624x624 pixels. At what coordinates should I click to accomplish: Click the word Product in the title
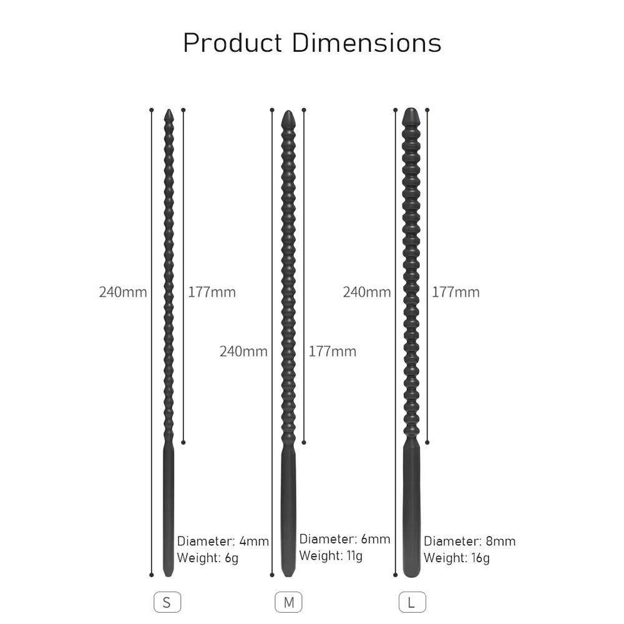[233, 42]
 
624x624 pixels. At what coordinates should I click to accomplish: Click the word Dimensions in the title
[366, 42]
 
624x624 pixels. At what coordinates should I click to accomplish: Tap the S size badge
[167, 602]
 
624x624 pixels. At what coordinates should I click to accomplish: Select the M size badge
[288, 602]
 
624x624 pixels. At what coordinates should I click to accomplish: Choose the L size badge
[412, 602]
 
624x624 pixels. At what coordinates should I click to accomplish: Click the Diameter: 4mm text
[223, 541]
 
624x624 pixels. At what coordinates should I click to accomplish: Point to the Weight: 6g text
[207, 558]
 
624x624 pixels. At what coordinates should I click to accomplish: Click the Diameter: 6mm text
[344, 539]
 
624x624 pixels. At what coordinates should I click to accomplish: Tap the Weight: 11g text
[331, 555]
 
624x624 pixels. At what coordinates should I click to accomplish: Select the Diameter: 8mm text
[470, 541]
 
